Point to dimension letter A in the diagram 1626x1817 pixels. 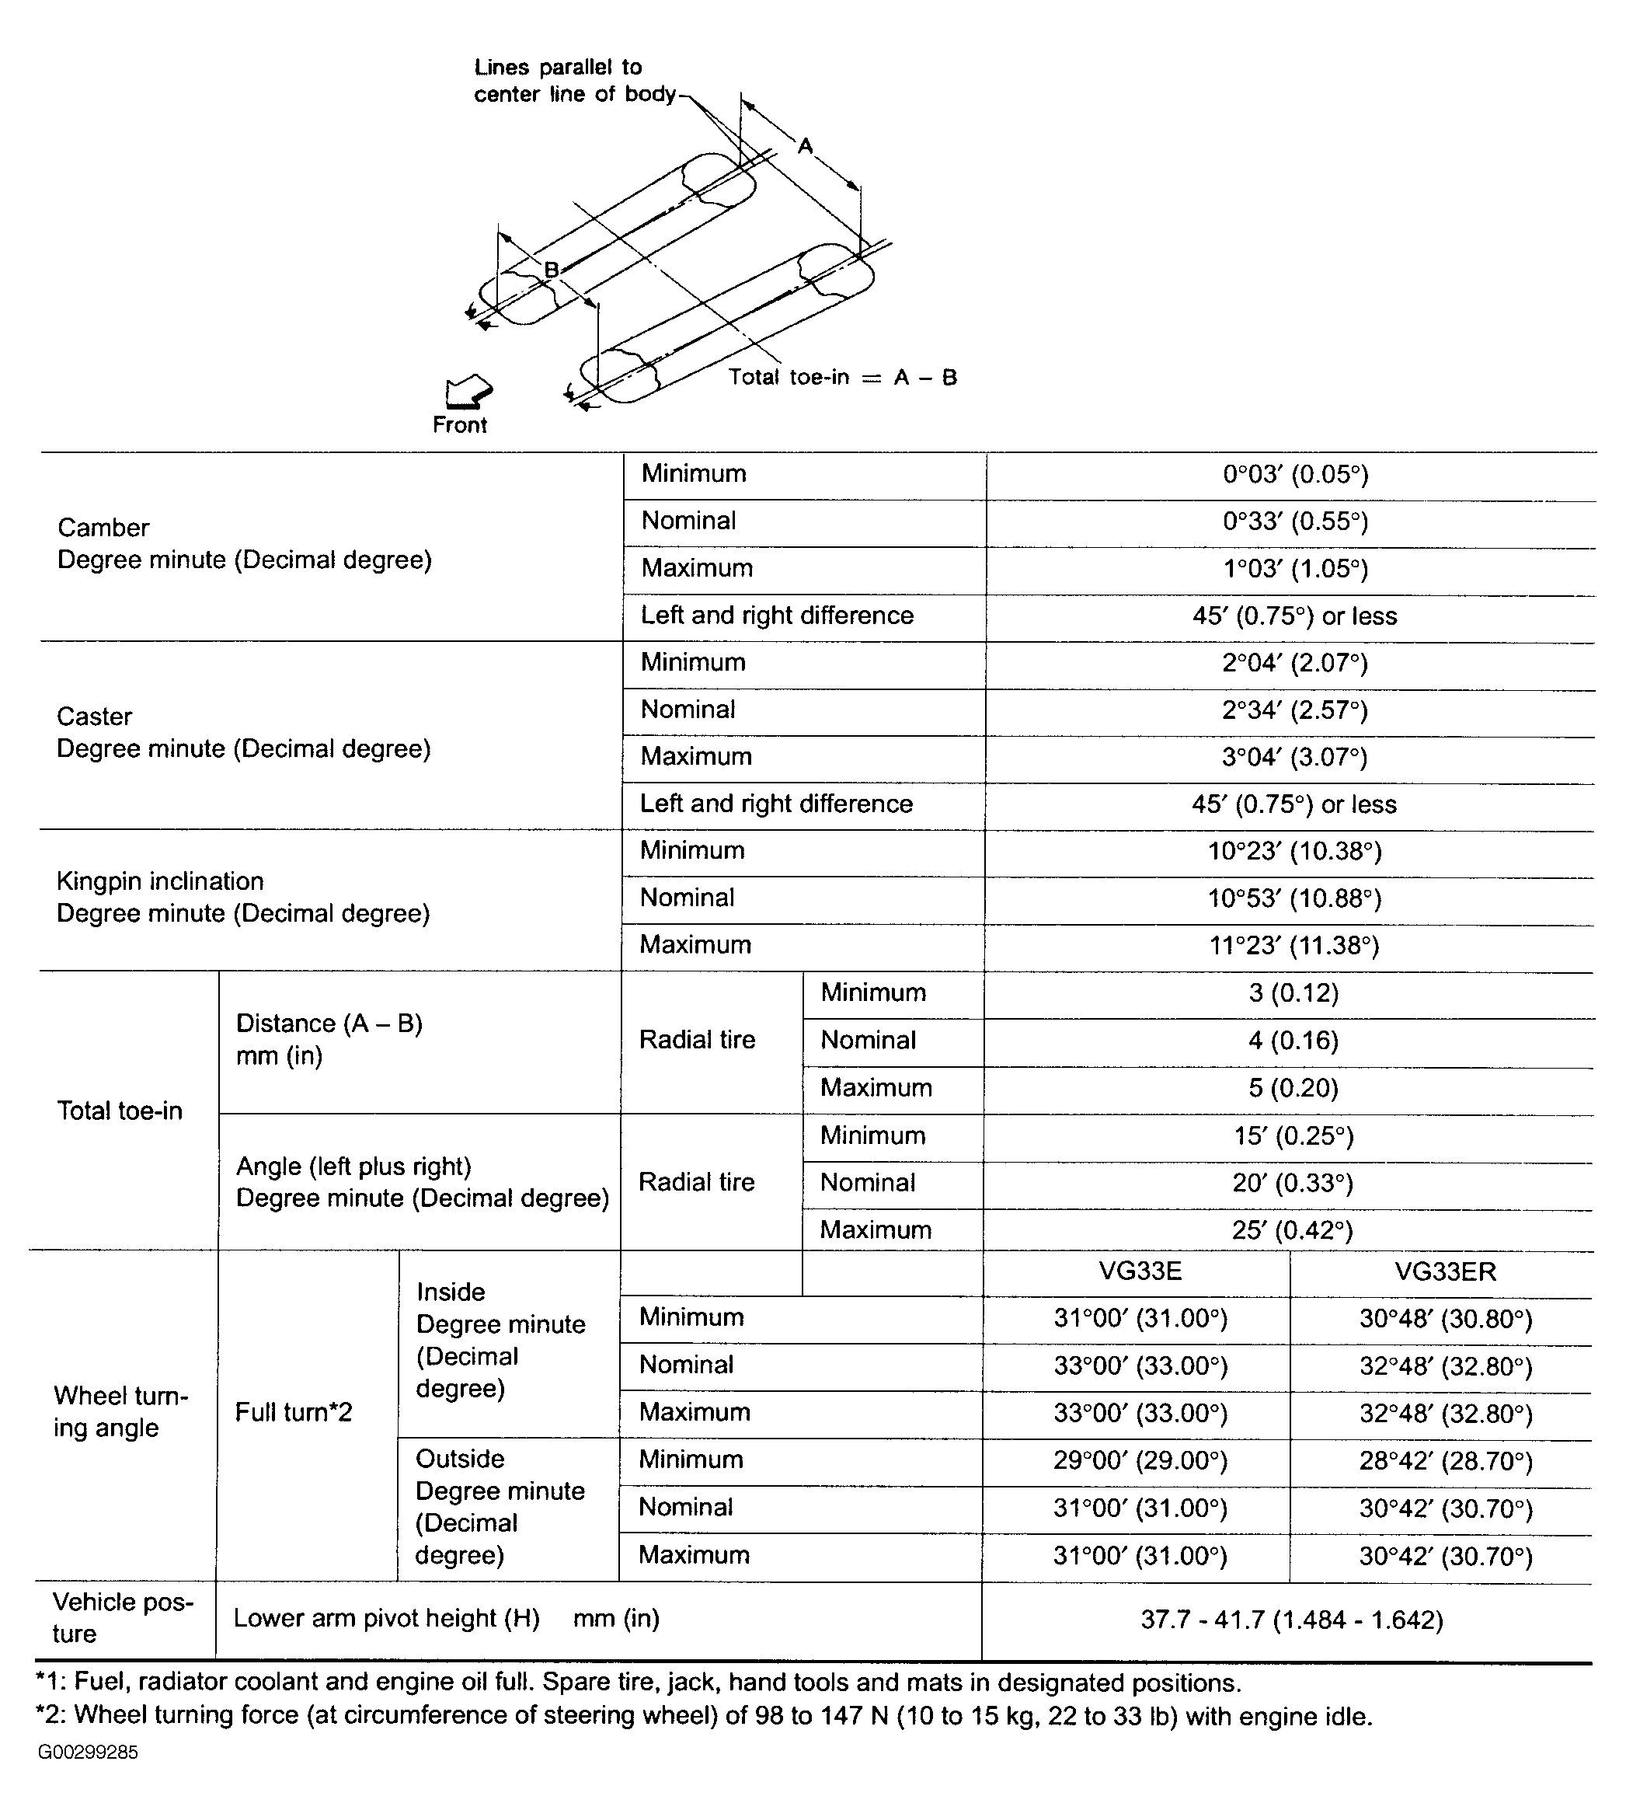805,145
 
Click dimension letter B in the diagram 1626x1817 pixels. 552,269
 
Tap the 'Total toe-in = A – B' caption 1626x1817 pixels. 841,377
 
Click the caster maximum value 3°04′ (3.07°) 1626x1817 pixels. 1293,758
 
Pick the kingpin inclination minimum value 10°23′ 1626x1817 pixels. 1293,852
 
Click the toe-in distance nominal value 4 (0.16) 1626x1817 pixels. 1293,1041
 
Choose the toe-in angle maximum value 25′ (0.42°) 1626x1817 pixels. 1292,1231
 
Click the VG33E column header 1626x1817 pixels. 1139,1271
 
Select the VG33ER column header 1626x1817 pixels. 1445,1271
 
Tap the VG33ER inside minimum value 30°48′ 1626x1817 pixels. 1446,1319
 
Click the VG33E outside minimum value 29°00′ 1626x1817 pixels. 1139,1461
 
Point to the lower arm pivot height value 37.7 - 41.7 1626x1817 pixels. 1291,1620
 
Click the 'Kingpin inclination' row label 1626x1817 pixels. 160,882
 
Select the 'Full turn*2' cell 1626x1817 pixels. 293,1413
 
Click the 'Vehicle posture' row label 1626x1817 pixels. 123,1618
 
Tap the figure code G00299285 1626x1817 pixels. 88,1752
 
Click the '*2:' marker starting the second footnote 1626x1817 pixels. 51,1715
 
